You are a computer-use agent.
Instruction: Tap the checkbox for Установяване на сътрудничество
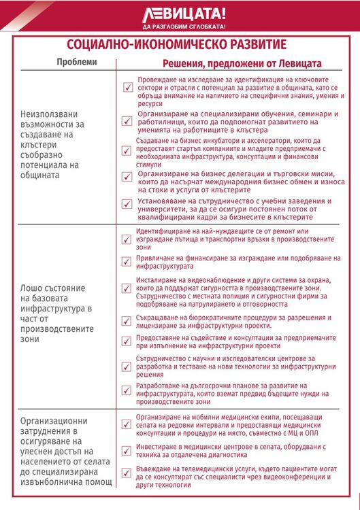pos(127,205)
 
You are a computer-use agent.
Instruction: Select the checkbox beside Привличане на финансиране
pos(127,262)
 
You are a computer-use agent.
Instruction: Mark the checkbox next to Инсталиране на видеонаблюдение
pos(127,288)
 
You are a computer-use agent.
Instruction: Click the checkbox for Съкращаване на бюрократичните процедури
pos(127,319)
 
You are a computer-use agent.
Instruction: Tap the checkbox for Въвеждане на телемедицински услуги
pos(127,473)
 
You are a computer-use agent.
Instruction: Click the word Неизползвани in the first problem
pos(49,114)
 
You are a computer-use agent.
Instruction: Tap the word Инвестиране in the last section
pos(161,447)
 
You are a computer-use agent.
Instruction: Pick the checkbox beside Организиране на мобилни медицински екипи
pos(127,424)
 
